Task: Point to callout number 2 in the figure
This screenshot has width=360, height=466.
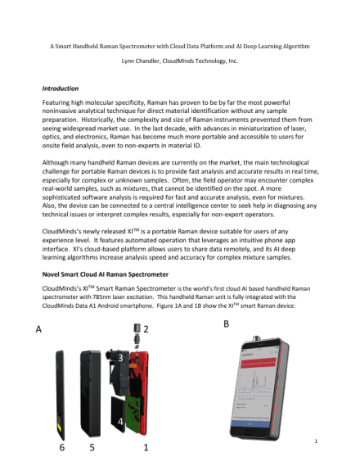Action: click(x=146, y=328)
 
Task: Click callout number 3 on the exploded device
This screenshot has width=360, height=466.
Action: click(x=121, y=358)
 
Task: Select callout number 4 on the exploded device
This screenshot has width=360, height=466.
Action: click(x=121, y=420)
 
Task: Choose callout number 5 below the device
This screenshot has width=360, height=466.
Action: click(x=92, y=449)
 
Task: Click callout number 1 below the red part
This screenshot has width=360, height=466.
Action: click(x=146, y=449)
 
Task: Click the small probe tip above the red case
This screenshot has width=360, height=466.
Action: click(x=133, y=335)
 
